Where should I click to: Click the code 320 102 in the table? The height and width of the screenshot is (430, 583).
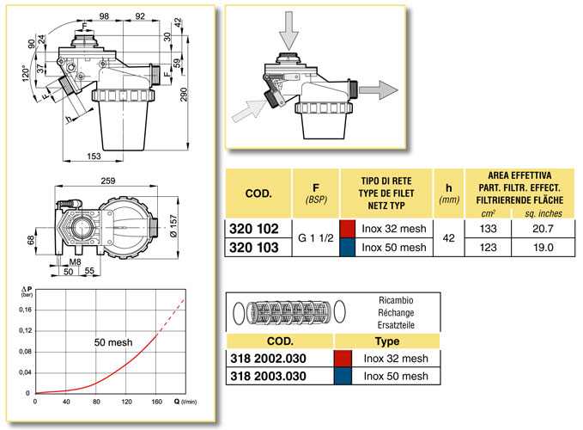(254, 229)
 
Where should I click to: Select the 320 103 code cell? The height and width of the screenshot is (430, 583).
(254, 248)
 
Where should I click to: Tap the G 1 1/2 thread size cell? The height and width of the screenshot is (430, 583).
(316, 238)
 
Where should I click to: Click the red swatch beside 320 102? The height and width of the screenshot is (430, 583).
(347, 229)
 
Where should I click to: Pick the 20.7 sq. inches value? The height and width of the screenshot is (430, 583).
(543, 229)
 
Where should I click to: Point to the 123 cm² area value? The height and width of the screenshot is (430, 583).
(489, 248)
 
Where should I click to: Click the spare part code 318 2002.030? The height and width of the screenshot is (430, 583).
(268, 359)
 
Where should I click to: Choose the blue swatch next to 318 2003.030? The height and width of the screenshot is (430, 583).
(343, 376)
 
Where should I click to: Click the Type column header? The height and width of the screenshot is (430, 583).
(387, 341)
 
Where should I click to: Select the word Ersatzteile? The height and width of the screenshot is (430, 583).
(396, 325)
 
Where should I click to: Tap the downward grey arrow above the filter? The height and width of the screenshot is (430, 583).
(288, 30)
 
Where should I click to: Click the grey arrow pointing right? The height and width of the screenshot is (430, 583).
(379, 89)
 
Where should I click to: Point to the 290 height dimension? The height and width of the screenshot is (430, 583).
(184, 95)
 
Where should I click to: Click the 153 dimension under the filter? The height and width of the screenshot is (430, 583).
(94, 157)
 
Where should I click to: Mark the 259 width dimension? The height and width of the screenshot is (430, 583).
(108, 181)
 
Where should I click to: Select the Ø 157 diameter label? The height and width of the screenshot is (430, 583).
(173, 225)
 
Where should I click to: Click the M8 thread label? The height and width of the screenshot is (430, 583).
(75, 261)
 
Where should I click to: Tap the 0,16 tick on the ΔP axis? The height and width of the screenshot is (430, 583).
(25, 310)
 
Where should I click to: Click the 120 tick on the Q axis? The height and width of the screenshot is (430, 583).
(126, 402)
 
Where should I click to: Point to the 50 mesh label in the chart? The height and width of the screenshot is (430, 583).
(113, 342)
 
